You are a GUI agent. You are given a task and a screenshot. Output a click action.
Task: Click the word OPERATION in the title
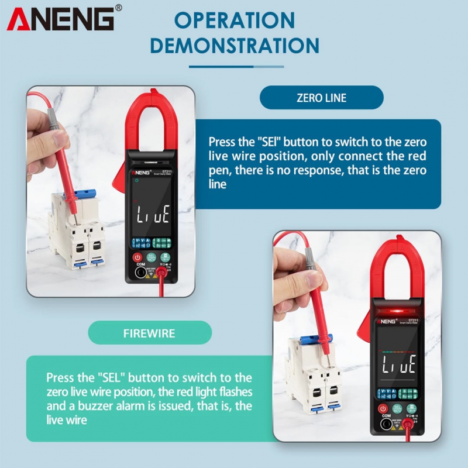(235, 20)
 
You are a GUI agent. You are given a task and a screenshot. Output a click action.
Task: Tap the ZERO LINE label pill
(321, 98)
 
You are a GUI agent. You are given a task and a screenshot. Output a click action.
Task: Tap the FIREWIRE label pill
(149, 332)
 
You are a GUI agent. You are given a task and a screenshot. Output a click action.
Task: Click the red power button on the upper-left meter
(137, 257)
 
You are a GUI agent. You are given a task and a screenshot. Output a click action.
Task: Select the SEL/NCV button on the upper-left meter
(151, 257)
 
